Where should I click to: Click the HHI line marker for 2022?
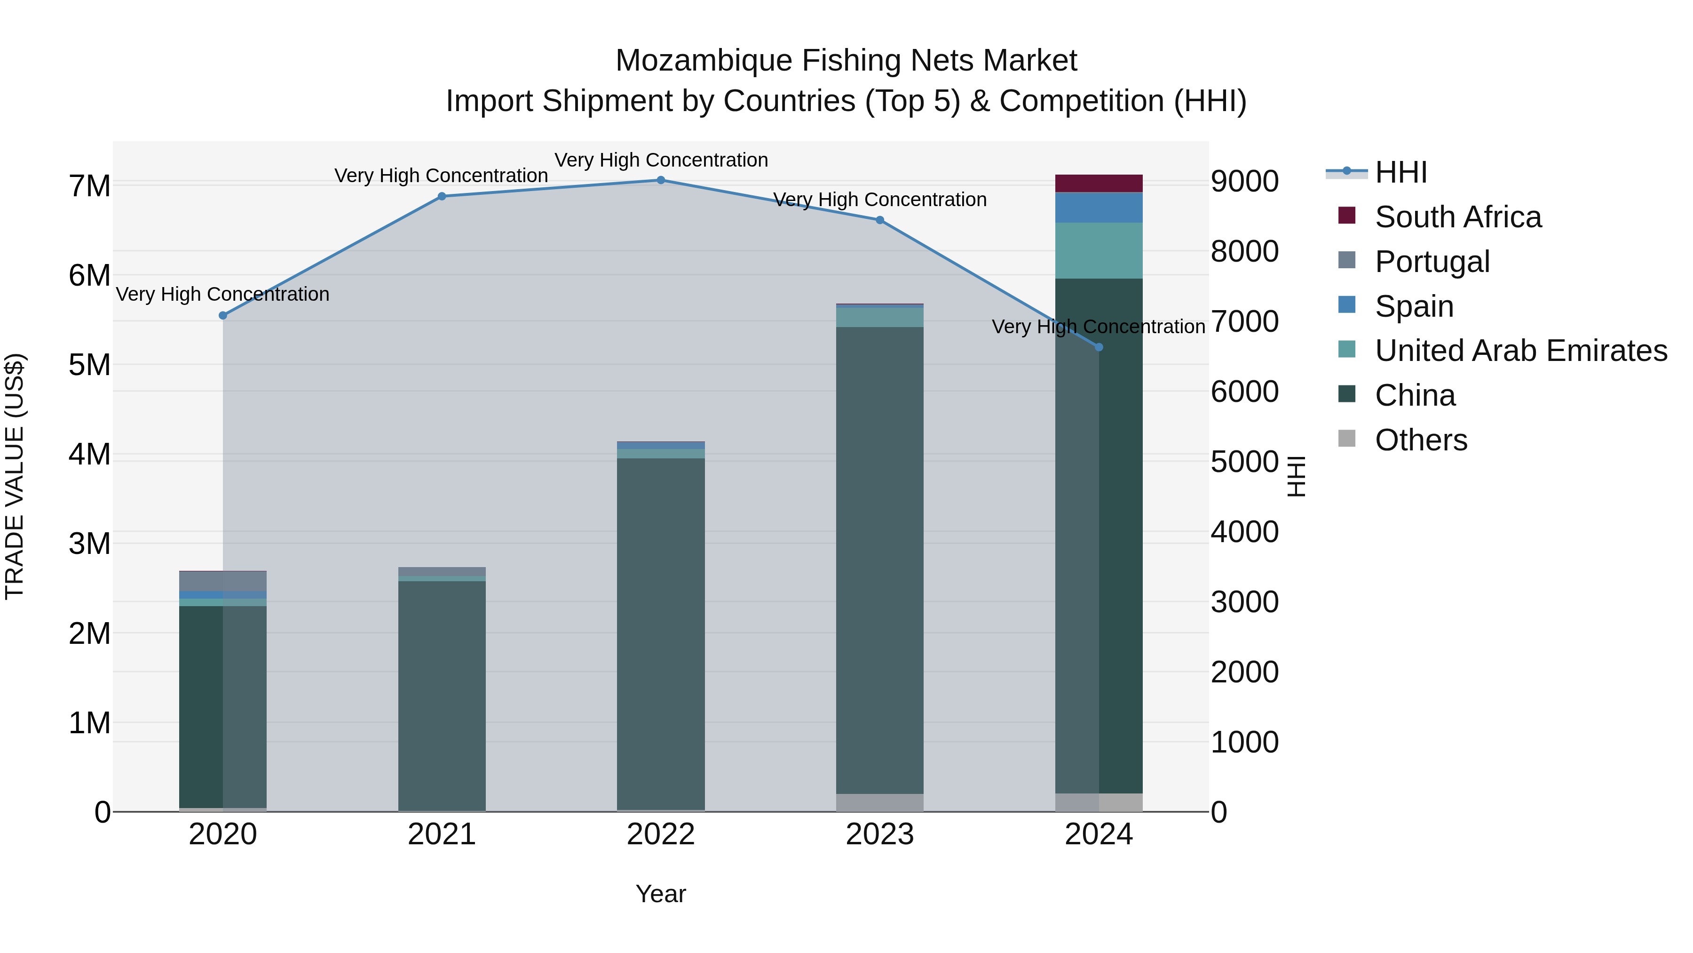point(661,180)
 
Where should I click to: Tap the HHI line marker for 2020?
point(223,316)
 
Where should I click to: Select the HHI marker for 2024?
point(1099,347)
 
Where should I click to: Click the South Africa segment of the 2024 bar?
point(1099,184)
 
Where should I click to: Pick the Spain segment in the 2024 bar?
point(1099,208)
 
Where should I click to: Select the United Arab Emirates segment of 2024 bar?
point(1099,250)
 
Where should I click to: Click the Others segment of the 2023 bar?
point(879,802)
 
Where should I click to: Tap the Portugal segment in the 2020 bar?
point(223,581)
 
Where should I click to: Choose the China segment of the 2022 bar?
point(661,632)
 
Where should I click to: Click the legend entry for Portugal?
point(1432,262)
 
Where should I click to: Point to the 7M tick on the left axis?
point(89,186)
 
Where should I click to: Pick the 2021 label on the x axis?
point(442,834)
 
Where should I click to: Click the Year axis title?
point(661,894)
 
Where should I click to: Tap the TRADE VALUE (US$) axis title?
point(15,476)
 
